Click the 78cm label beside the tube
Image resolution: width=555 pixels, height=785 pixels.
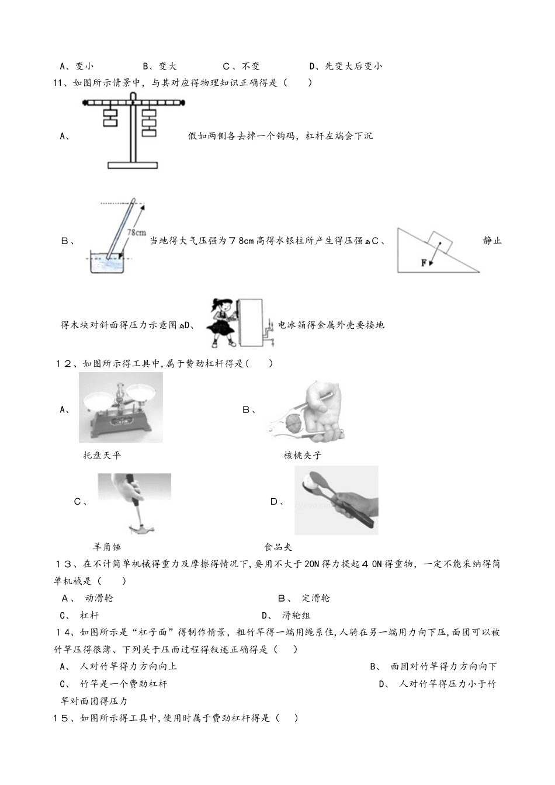(136, 232)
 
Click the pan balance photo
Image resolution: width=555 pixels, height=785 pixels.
(120, 408)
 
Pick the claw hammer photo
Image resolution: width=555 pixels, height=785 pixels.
(134, 503)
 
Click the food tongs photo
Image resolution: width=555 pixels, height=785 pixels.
(336, 501)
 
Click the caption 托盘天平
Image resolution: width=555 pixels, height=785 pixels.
(102, 456)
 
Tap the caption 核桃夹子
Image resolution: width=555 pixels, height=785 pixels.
(303, 456)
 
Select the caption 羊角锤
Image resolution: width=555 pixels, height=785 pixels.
(107, 547)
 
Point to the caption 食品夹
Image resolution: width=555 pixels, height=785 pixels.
(277, 547)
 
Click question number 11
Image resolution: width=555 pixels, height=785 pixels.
(58, 83)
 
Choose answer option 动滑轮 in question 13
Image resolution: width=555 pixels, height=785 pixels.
(99, 598)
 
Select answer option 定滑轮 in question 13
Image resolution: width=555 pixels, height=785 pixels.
(315, 598)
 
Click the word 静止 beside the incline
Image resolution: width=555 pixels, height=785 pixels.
(492, 241)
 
